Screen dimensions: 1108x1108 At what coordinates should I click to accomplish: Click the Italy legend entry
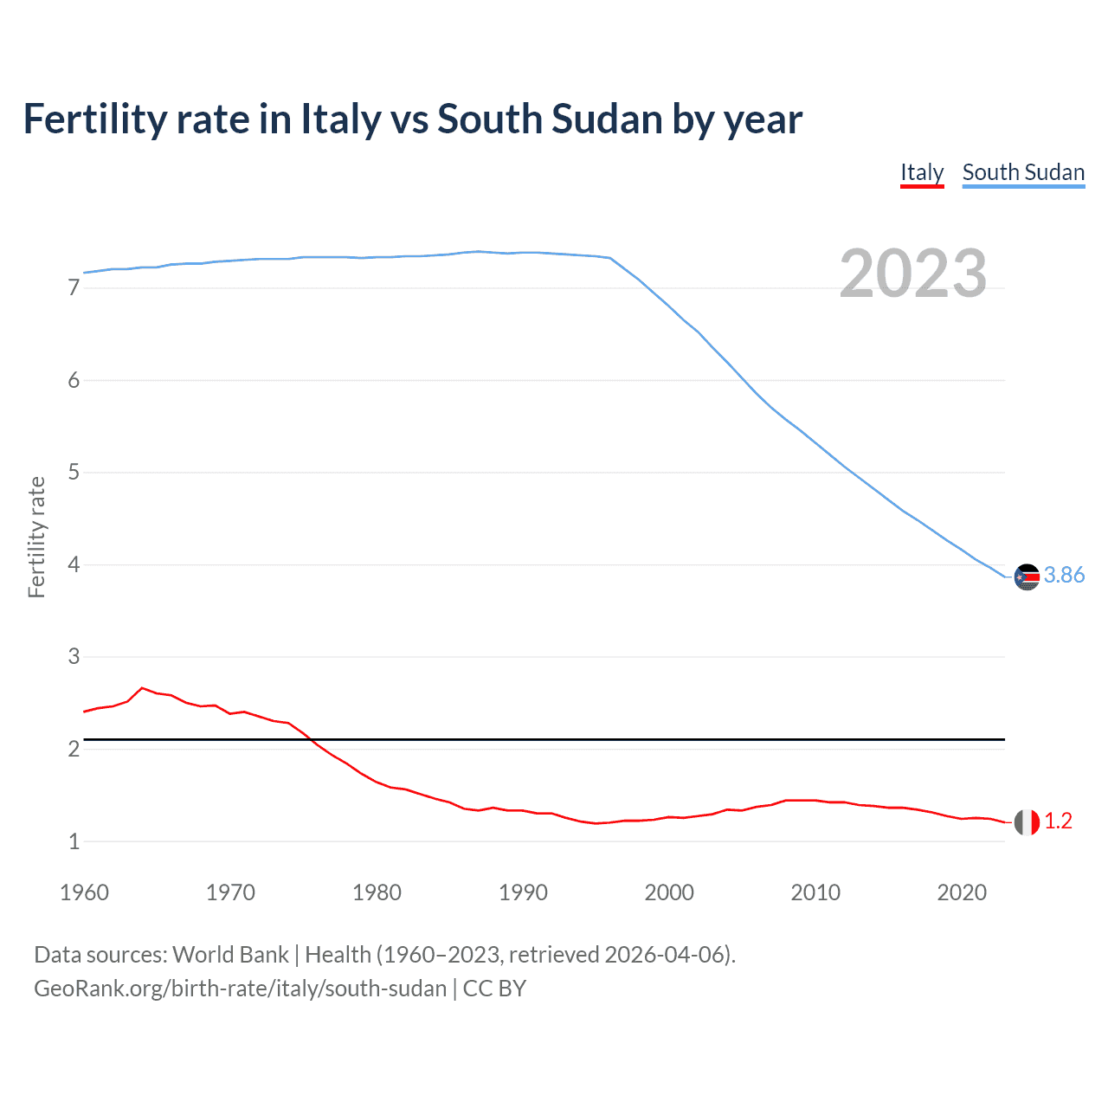922,172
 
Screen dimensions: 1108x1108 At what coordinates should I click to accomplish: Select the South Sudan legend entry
1023,172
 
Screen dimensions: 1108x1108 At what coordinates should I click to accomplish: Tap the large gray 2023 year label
912,274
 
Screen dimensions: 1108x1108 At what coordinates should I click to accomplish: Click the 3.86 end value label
1064,576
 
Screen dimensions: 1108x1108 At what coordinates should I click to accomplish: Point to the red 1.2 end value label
1058,821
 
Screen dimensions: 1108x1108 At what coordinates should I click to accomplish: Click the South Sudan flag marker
1027,577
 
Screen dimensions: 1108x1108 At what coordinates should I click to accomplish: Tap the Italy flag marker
1027,822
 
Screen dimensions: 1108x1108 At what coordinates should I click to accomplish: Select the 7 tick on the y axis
74,288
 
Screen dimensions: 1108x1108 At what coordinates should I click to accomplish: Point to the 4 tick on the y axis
74,565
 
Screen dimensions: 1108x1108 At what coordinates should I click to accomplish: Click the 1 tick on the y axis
74,841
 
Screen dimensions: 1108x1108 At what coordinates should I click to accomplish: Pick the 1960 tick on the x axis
84,892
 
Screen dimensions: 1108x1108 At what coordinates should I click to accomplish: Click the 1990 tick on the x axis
523,892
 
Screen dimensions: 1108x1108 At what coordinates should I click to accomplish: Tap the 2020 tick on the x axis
962,892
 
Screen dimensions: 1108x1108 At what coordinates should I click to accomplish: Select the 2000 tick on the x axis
669,892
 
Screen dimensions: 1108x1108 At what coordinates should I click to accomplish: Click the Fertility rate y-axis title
36,537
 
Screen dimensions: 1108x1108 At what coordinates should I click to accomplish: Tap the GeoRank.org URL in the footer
240,989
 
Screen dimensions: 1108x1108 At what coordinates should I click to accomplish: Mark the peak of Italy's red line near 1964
142,688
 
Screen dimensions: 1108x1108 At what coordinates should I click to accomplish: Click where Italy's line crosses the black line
310,739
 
